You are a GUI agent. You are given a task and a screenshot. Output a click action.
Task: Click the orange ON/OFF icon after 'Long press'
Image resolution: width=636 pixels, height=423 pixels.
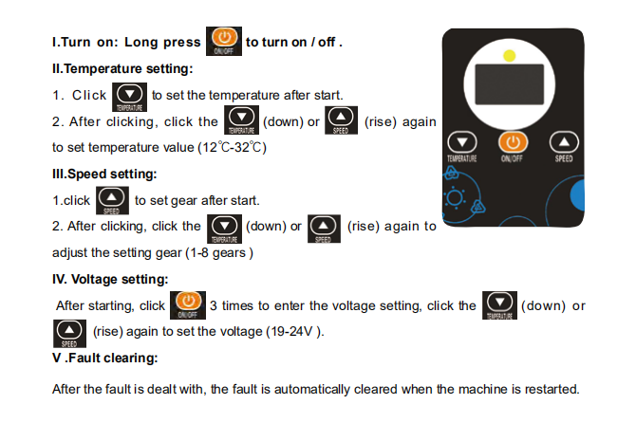[223, 41]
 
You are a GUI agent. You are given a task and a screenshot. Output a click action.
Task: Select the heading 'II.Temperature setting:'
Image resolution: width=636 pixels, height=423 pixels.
[122, 68]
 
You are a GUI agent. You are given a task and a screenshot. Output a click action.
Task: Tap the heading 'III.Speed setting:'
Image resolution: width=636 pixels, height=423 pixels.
[104, 174]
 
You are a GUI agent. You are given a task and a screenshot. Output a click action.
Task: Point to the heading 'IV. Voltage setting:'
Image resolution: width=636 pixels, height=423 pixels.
[110, 279]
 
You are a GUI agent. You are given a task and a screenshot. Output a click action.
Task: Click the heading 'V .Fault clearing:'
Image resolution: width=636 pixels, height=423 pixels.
[104, 358]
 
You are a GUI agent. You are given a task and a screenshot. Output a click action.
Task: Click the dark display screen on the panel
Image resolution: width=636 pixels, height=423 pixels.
[511, 87]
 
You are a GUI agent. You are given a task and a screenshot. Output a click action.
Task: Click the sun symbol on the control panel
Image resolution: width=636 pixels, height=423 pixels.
[454, 199]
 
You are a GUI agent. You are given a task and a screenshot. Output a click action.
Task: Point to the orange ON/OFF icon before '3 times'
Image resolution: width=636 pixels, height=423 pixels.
[186, 305]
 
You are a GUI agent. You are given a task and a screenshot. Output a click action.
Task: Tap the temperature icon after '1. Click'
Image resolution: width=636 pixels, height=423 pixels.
[129, 96]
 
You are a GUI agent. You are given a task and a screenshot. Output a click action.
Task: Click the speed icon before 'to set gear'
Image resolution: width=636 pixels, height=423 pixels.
[112, 200]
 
